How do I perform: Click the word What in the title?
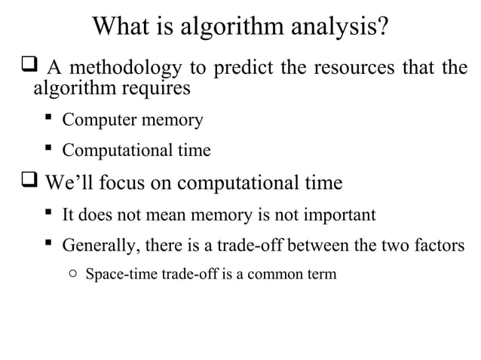[122, 27]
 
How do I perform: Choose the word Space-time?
[121, 273]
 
